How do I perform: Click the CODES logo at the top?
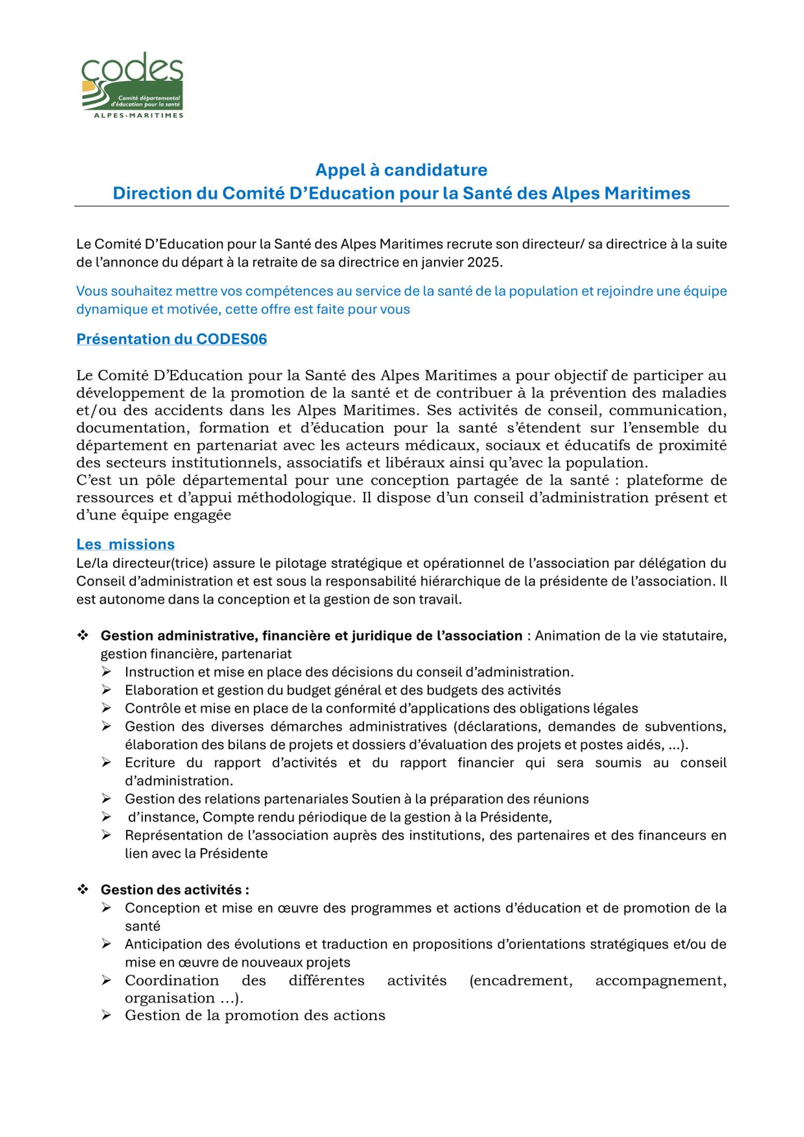pos(132,84)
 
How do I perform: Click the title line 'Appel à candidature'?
pos(401,170)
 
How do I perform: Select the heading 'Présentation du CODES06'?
pos(172,339)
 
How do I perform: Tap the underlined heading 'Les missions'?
pos(126,545)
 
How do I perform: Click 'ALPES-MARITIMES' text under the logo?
pos(139,115)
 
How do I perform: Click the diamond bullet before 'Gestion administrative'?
pos(83,636)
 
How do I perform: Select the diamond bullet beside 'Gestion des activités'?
pos(83,890)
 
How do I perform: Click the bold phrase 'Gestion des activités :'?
pos(175,890)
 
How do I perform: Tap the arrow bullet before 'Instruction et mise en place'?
pos(107,672)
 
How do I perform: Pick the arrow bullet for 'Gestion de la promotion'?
pos(107,1015)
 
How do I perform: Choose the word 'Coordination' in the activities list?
pos(172,981)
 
